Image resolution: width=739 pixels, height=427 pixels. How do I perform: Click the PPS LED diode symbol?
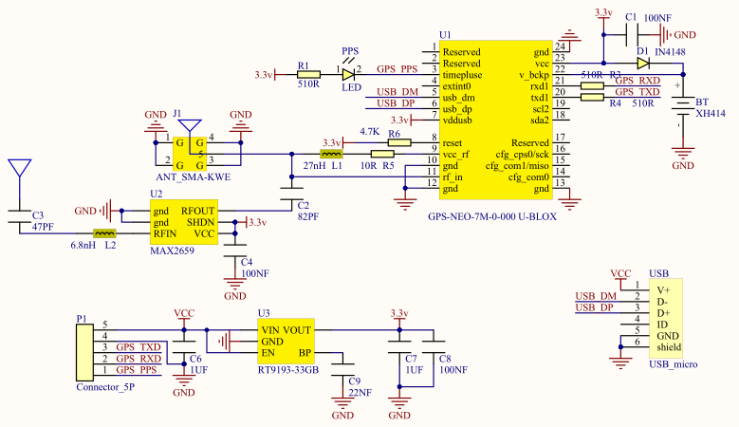348,74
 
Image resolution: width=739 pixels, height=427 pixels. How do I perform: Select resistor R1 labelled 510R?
308,74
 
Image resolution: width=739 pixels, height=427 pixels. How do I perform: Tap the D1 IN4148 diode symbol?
643,64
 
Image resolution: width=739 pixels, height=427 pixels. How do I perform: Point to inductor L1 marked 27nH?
331,154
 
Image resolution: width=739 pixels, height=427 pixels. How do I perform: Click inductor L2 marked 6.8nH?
104,233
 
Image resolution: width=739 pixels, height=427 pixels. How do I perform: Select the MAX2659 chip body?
184,222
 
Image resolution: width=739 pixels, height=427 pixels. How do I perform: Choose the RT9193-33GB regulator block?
286,342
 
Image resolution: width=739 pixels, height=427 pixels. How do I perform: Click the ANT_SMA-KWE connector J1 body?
190,154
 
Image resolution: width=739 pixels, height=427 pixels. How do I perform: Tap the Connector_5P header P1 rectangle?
84,353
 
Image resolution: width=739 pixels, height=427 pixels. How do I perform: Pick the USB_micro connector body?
665,319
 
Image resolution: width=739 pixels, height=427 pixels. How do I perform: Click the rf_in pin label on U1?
453,177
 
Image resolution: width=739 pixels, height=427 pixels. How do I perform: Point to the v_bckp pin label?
534,75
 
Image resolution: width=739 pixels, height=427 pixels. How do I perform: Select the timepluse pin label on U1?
462,75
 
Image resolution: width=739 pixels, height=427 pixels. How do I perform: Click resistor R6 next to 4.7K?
399,142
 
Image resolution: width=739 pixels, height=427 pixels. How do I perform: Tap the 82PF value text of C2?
308,216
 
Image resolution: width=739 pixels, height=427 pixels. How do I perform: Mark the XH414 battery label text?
711,114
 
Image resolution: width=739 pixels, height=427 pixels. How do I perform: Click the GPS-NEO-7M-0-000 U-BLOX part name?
492,216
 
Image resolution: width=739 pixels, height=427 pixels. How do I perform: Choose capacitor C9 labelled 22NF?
342,369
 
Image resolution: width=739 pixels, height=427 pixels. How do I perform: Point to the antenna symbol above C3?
20,168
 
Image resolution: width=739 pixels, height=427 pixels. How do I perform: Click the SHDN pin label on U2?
201,222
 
